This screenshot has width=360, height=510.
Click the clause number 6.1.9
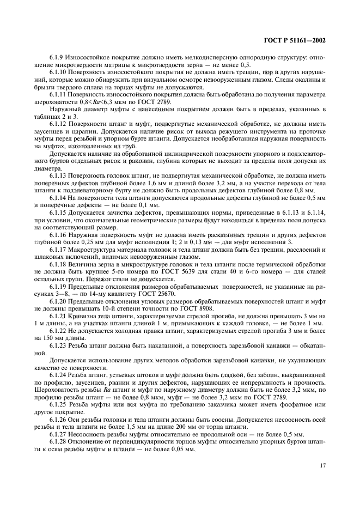(55, 58)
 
